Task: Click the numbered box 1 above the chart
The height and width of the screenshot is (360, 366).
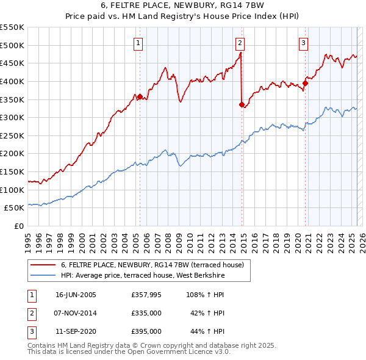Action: point(139,43)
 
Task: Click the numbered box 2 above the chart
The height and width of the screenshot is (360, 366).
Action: point(240,43)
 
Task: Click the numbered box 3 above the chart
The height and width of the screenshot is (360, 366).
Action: point(303,43)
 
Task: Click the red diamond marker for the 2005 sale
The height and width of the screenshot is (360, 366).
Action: point(140,96)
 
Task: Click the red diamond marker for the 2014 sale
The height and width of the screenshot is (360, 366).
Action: point(242,104)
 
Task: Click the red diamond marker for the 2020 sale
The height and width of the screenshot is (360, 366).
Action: point(305,83)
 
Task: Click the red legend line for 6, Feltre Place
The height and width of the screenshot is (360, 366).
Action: point(43,265)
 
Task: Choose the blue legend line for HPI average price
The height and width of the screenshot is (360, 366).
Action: point(43,275)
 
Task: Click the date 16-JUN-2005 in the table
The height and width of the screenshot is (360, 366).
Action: point(76,295)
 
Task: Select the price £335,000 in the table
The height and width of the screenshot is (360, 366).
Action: point(146,313)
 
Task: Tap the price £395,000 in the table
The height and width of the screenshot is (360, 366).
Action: point(146,331)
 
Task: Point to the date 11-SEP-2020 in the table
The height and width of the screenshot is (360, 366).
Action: point(76,331)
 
